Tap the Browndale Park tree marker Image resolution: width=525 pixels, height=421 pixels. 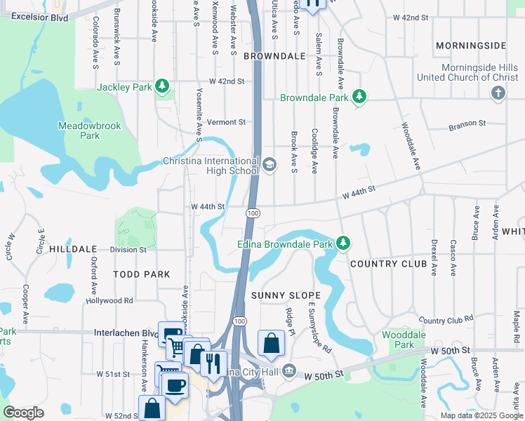pos(359,96)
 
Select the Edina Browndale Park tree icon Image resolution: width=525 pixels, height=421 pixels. pos(343,243)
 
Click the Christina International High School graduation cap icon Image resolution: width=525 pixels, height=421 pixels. pos(270,165)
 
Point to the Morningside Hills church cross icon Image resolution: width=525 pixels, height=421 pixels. pos(498,93)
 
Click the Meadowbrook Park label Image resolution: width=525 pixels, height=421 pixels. pos(90,131)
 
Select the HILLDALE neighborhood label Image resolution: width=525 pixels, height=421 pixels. pos(72,249)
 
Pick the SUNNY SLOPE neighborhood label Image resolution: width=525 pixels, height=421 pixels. pos(286,295)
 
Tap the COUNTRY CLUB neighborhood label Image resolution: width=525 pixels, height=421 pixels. pos(388,264)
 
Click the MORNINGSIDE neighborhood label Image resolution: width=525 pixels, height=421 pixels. pos(470,46)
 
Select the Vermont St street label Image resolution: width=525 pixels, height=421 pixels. pos(225,122)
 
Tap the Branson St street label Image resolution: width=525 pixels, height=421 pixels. pos(467,123)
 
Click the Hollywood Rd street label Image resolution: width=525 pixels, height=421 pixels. pos(109,300)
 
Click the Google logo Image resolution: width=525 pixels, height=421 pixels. pos(23,413)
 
